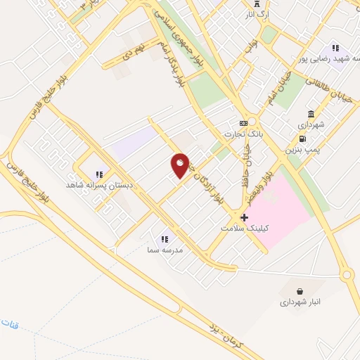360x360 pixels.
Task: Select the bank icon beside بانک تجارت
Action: [243, 123]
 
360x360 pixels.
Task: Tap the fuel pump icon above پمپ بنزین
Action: [302, 139]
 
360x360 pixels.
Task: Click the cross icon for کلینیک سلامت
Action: [244, 217]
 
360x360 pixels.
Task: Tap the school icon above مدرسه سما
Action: [165, 238]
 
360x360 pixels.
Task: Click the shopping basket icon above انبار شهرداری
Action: [300, 291]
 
